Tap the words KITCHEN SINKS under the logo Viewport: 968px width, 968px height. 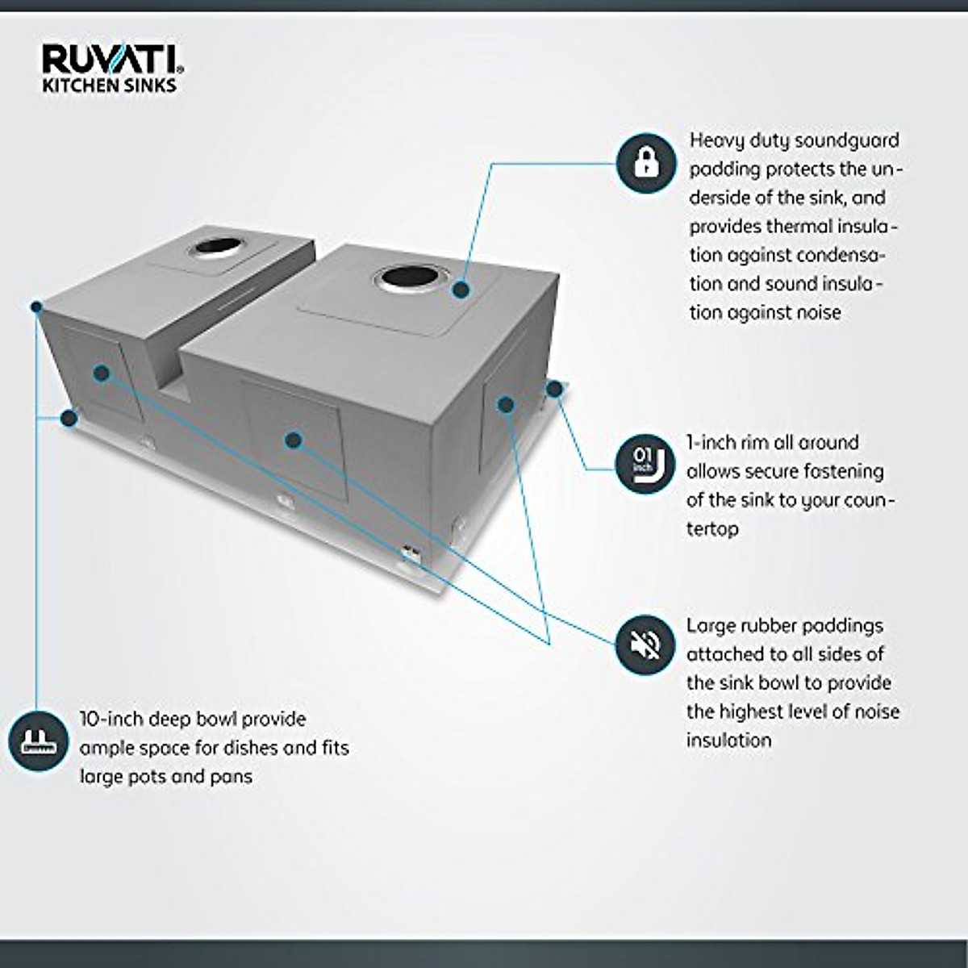pos(109,86)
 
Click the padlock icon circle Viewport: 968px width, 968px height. pos(646,163)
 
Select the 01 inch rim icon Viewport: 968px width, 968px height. pos(645,464)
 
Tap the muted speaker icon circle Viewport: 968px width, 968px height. pos(645,645)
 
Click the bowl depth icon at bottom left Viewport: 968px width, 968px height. pos(38,741)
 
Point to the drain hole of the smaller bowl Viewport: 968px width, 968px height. pos(216,245)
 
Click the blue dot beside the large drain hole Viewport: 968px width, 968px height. pos(461,290)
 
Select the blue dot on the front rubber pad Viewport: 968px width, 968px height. pos(294,440)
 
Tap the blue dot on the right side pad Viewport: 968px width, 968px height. pos(506,404)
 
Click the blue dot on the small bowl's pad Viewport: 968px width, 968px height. pos(101,373)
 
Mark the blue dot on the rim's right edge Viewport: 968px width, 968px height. pos(554,390)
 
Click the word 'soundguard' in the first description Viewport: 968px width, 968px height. pos(846,141)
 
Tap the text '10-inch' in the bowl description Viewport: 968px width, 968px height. pos(111,719)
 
